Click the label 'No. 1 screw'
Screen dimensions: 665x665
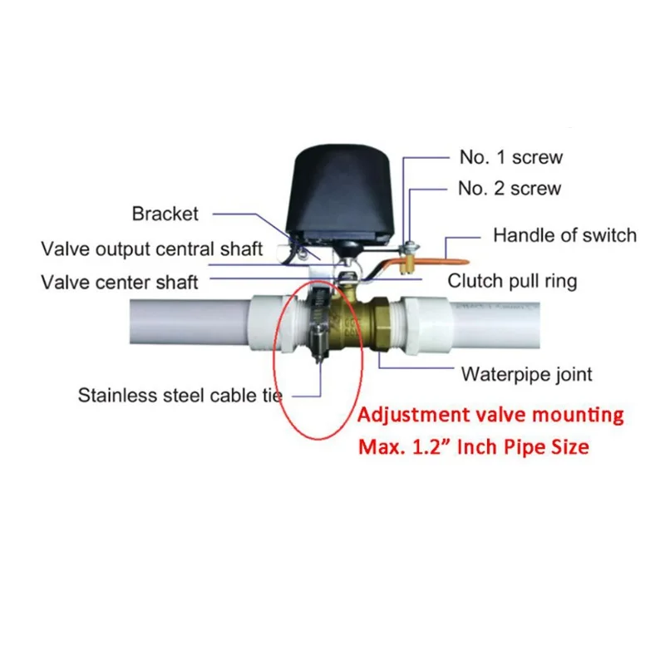pyautogui.click(x=510, y=156)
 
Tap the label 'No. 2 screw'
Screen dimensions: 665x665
pyautogui.click(x=510, y=189)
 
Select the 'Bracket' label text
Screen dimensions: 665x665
pyautogui.click(x=165, y=214)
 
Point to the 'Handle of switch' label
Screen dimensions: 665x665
pyautogui.click(x=564, y=234)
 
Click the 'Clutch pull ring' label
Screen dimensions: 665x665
pyautogui.click(x=512, y=281)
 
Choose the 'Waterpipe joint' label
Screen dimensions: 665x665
pyautogui.click(x=527, y=374)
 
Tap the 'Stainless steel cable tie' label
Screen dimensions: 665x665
pyautogui.click(x=180, y=394)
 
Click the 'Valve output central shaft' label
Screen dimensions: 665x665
pyautogui.click(x=152, y=249)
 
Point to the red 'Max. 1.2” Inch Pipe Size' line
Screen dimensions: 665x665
pyautogui.click(x=474, y=446)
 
